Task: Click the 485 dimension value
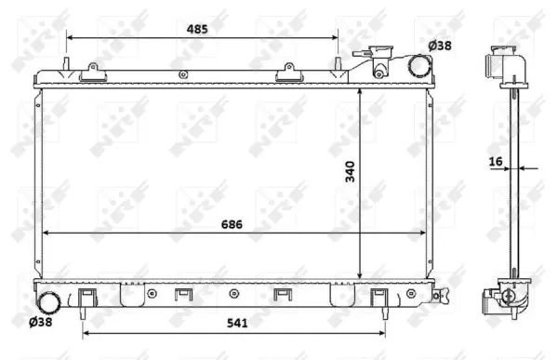pyautogui.click(x=196, y=29)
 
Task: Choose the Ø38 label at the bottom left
pyautogui.click(x=40, y=322)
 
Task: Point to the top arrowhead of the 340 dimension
pyautogui.click(x=361, y=94)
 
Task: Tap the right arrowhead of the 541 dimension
pyautogui.click(x=384, y=329)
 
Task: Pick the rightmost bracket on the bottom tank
pyautogui.click(x=379, y=297)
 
